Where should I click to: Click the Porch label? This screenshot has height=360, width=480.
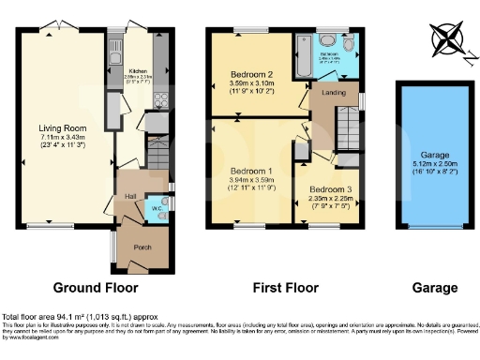tap(142, 247)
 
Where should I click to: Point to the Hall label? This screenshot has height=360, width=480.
tap(131, 195)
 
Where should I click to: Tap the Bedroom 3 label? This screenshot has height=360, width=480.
tap(331, 188)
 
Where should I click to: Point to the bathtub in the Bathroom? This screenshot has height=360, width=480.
tap(304, 58)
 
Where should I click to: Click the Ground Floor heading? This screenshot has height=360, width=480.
tap(95, 288)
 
